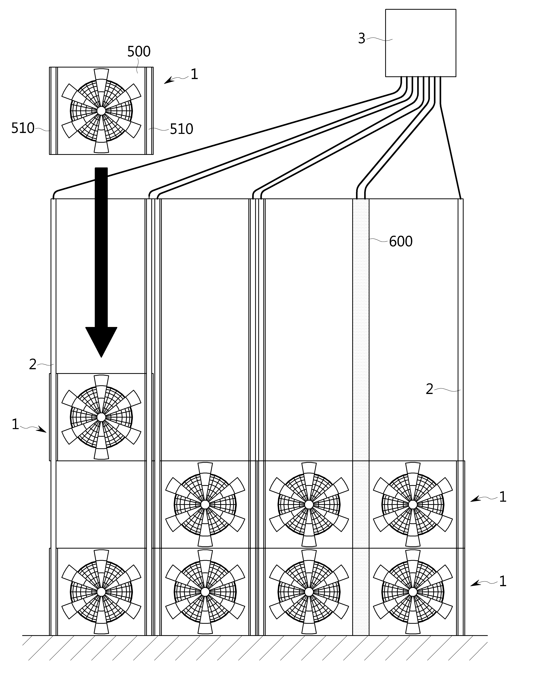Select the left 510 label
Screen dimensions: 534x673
click(x=23, y=128)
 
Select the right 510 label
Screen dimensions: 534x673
click(x=181, y=129)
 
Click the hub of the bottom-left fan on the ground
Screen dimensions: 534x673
click(x=101, y=592)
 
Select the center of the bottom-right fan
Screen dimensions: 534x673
click(x=413, y=592)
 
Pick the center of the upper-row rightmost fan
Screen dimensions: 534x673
click(x=413, y=504)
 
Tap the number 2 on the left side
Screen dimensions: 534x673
click(x=33, y=364)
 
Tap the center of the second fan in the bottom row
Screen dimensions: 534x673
click(x=205, y=592)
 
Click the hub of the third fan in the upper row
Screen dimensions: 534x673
click(x=309, y=504)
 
